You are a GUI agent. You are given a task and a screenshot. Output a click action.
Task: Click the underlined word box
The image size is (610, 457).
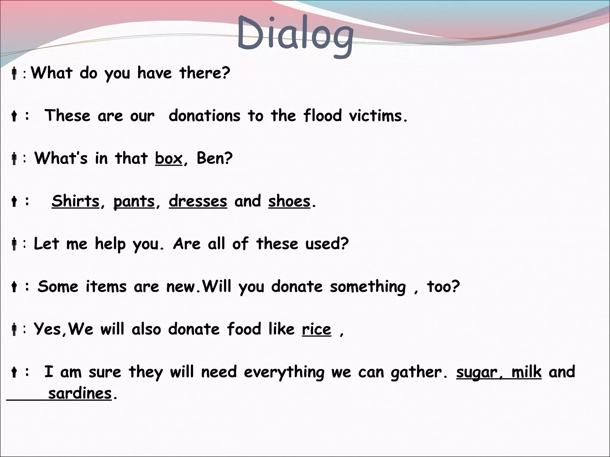[x=169, y=158]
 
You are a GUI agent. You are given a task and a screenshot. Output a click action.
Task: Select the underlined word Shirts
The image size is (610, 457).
[x=75, y=201]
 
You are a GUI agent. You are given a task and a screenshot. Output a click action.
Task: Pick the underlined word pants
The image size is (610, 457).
[x=134, y=202]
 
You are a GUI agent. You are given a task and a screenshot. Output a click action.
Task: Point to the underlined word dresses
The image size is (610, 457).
[x=198, y=201]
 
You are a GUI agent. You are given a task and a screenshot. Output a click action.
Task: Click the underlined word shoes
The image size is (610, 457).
[x=289, y=201]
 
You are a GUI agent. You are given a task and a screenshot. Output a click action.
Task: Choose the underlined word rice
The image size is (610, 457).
[x=316, y=330]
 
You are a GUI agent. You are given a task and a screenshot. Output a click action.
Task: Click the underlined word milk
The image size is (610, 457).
[x=526, y=372]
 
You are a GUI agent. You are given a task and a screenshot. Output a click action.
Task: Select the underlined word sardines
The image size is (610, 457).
[x=80, y=394]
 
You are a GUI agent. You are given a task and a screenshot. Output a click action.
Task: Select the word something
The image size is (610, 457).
[x=368, y=287]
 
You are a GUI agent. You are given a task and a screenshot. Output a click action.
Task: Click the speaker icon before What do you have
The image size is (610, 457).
[x=14, y=73]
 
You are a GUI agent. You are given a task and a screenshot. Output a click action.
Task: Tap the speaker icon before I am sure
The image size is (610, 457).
[x=14, y=372]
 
